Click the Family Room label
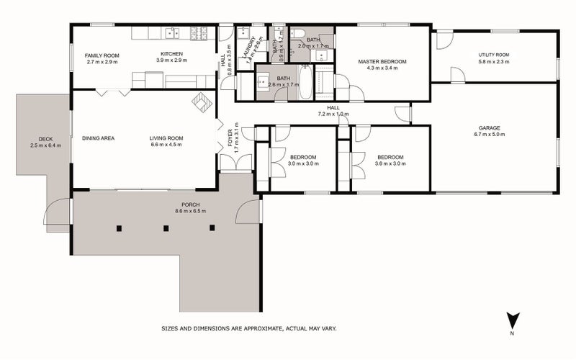pos(102,55)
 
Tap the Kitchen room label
pos(171,55)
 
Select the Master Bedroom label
pos(382,62)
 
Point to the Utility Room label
pos(494,55)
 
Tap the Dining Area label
pos(99,138)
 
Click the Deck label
pos(45,139)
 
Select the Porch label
pos(190,204)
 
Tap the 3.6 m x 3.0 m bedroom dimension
pos(390,163)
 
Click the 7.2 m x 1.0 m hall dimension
pos(333,114)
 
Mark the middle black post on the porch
pos(166,228)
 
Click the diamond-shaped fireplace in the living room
pos(201,103)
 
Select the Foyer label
pos(231,138)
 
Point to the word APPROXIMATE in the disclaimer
pos(274,328)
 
